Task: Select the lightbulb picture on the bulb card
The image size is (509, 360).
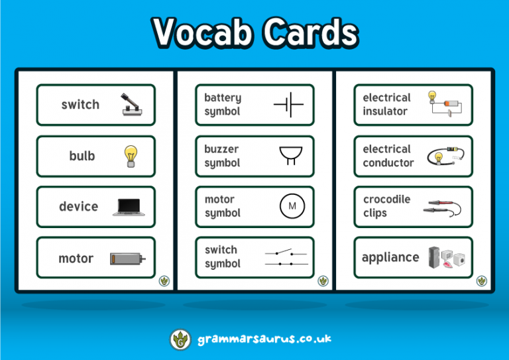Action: pos(130,156)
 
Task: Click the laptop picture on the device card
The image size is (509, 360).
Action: pos(130,207)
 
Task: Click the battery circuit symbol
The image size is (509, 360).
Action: pos(288,105)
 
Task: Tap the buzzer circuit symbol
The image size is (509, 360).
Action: pos(289,156)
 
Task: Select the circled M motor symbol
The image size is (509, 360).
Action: pos(292,206)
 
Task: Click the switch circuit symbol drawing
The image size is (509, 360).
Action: pos(286,257)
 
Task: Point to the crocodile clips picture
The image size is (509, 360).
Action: pos(445,208)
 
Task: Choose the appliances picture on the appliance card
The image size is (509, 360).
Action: pos(446,257)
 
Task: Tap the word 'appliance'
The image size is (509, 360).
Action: pos(390,257)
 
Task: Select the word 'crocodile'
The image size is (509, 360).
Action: pos(386,200)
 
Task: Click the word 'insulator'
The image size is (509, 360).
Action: pos(385,111)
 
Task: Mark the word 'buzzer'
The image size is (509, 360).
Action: pos(221,149)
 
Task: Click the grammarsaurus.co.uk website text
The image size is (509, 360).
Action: pos(264,339)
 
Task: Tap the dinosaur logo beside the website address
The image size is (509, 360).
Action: pos(180,339)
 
